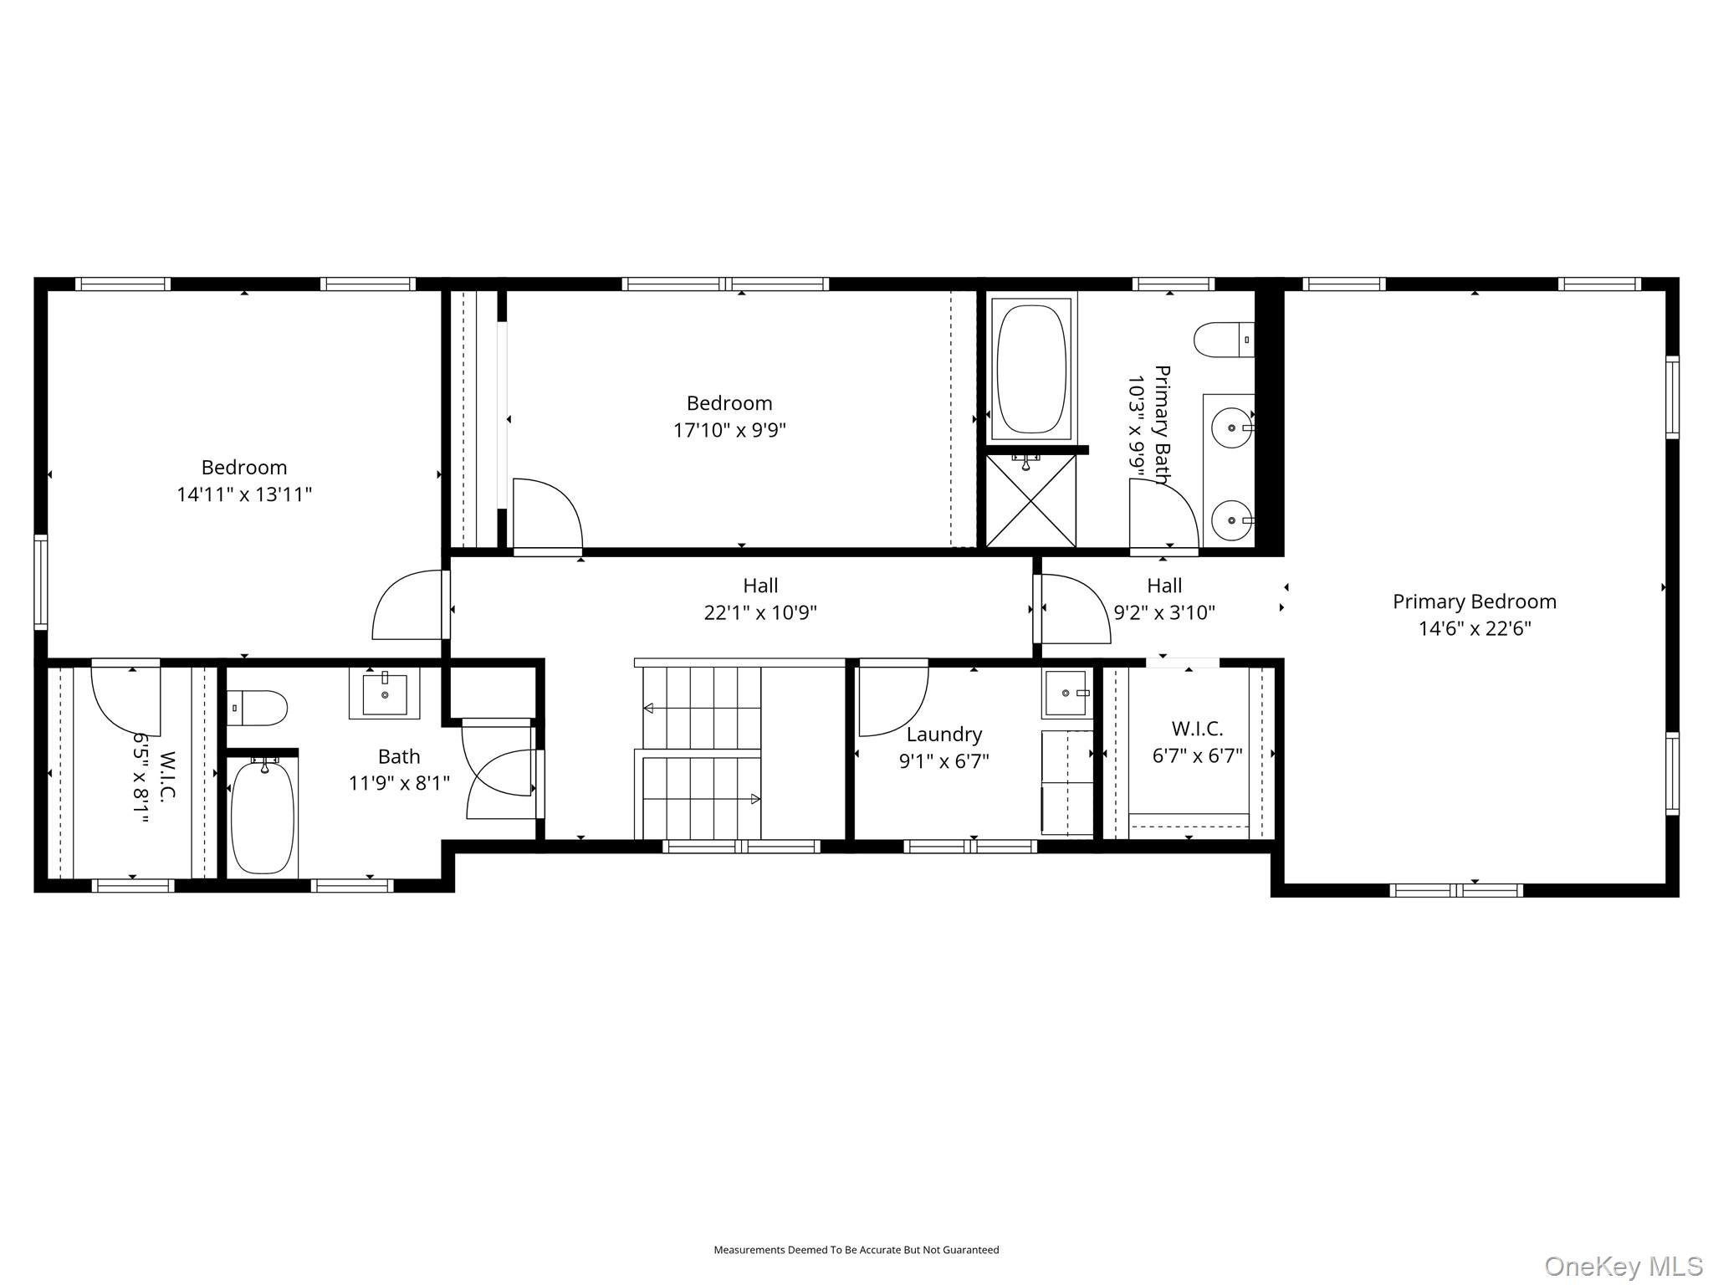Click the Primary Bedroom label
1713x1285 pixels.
(1474, 602)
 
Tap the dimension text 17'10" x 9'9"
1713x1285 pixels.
(729, 430)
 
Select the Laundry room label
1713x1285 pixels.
(944, 735)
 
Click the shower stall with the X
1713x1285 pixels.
(1031, 500)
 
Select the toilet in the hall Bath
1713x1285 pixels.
(259, 708)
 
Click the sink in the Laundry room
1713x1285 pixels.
(1066, 693)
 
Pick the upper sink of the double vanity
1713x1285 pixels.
(1232, 427)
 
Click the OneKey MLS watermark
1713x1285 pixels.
(1623, 1266)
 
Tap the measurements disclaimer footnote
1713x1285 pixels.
(856, 1250)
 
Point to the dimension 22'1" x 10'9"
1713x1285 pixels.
(759, 612)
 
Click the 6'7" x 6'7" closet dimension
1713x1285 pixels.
(1197, 755)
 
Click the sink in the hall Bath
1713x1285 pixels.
(384, 694)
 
